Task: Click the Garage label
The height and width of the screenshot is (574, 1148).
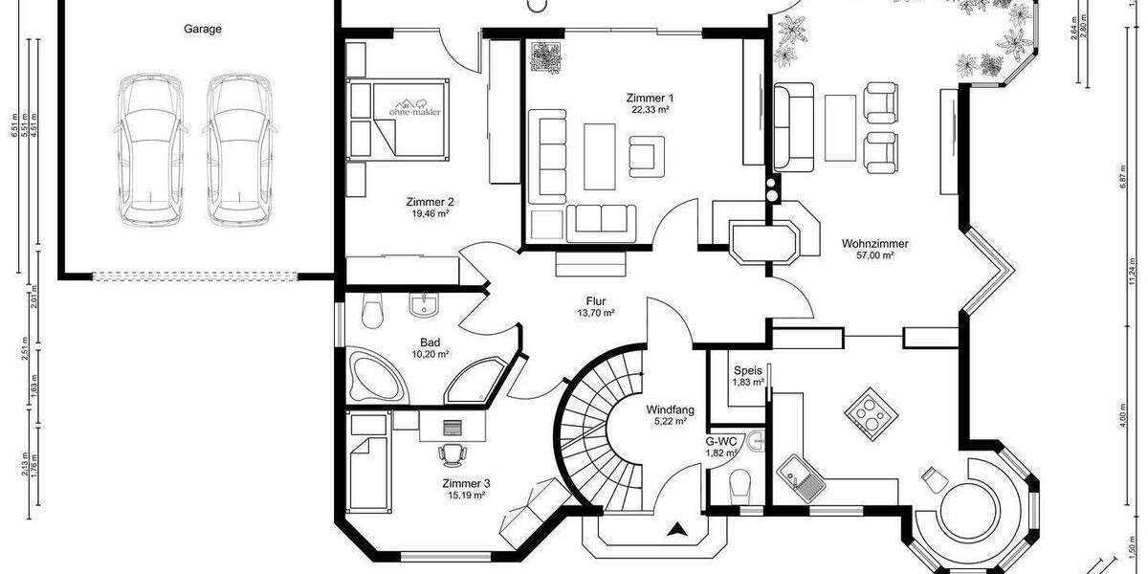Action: (x=203, y=29)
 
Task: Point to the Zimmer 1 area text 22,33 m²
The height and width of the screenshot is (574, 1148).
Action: (x=650, y=110)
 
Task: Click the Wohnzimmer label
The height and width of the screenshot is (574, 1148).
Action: (x=874, y=243)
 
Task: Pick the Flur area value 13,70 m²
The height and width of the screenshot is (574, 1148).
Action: (x=595, y=313)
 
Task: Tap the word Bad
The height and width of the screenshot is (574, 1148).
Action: (x=430, y=342)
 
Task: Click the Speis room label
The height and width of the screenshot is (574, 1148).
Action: (x=747, y=370)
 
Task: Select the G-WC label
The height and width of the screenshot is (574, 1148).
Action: (x=721, y=441)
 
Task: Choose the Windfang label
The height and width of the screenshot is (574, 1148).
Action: (x=670, y=409)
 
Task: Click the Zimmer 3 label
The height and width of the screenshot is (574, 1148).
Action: (x=466, y=483)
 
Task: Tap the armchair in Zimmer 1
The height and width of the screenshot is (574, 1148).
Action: (x=648, y=153)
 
